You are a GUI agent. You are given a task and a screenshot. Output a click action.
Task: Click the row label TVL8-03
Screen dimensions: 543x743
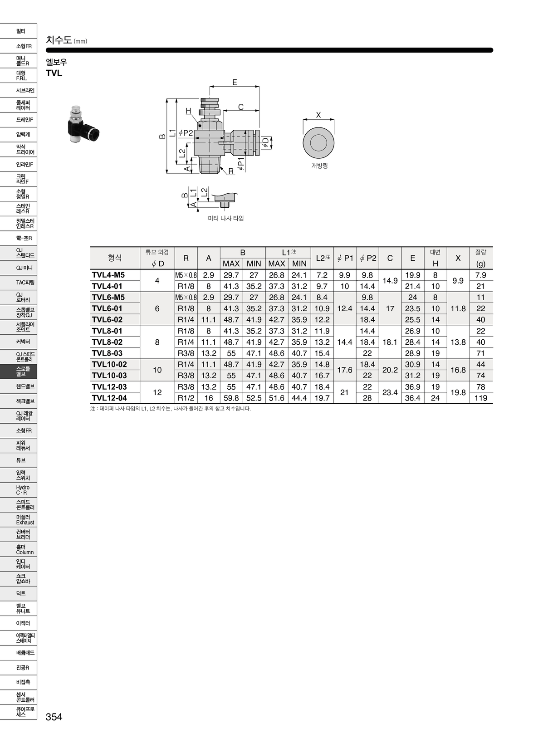point(107,353)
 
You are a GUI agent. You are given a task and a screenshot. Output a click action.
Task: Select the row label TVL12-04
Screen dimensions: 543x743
point(109,398)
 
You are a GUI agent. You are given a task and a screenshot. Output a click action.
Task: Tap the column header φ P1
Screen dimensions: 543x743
point(345,258)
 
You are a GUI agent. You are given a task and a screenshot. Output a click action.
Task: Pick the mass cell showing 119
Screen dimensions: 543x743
point(481,398)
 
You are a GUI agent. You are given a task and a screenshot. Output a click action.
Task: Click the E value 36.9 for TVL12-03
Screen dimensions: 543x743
point(413,387)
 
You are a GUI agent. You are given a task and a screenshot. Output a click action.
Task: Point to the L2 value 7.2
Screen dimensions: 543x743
point(322,275)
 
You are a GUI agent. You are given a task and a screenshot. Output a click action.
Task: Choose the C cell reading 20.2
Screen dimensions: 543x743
point(390,370)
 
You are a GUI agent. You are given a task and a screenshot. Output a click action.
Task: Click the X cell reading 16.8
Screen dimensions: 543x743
point(458,370)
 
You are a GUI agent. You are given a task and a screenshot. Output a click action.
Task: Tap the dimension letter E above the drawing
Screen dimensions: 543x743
point(235,82)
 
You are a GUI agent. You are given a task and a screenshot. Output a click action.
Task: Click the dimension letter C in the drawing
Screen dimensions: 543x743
point(241,107)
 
